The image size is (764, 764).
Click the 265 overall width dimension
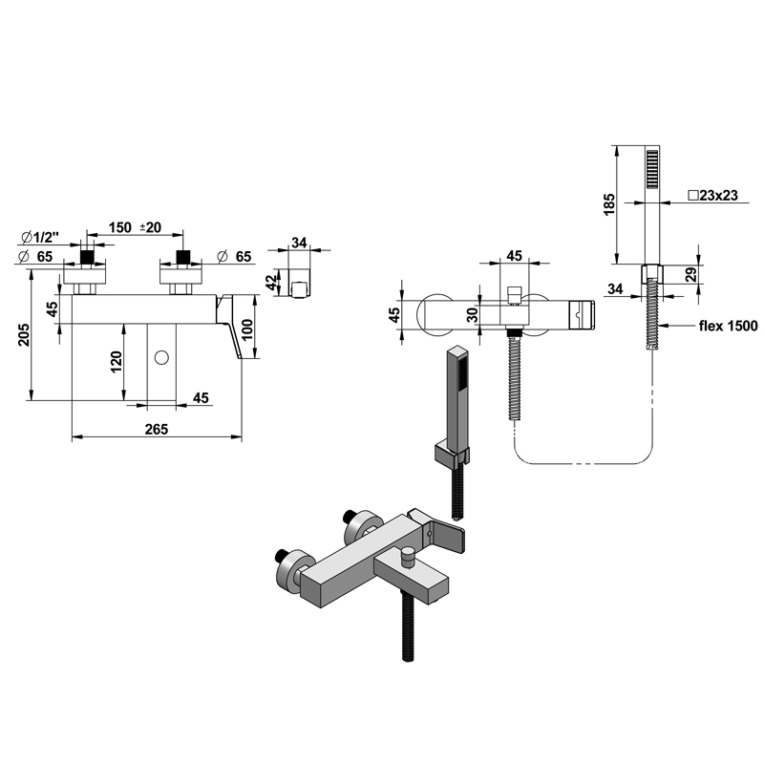point(157,429)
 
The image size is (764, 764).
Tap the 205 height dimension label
point(24,335)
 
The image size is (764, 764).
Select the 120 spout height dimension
point(117,362)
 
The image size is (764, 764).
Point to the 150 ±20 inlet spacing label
point(135,227)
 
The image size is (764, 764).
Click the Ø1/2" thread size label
point(40,238)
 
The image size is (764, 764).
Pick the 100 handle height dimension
point(247,329)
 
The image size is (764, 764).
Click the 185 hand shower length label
point(609,204)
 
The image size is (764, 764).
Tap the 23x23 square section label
point(712,196)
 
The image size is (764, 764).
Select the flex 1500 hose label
point(729,326)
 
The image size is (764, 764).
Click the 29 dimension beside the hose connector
point(691,274)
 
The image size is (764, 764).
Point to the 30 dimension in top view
point(473,315)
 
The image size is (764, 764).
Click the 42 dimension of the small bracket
point(271,282)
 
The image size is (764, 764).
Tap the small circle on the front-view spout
point(161,358)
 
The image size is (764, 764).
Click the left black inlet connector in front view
point(87,257)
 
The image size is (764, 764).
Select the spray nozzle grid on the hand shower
point(652,169)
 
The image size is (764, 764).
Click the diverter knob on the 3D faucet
point(407,557)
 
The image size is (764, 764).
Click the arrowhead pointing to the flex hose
point(665,326)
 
